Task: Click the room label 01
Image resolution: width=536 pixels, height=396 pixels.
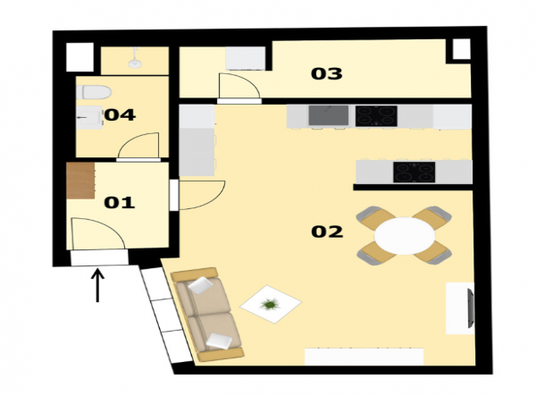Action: [120, 202]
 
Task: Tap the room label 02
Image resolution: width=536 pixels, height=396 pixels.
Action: [327, 232]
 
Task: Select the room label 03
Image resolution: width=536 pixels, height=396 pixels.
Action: [326, 73]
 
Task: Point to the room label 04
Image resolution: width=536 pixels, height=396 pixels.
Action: [120, 115]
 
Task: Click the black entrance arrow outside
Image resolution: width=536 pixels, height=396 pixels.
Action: [97, 285]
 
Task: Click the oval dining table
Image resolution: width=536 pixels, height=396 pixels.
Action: [405, 236]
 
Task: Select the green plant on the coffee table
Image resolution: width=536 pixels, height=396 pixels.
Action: [270, 304]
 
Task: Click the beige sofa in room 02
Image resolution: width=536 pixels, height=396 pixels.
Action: [207, 315]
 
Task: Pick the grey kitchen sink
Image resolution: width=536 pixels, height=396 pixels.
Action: [329, 115]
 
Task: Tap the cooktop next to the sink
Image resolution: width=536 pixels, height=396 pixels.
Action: [376, 116]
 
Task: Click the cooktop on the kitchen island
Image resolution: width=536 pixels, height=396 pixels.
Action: [414, 172]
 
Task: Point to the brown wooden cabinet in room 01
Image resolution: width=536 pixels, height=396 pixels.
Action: [80, 181]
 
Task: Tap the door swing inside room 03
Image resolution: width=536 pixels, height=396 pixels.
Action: [239, 86]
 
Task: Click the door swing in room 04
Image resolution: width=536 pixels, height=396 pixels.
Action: [138, 146]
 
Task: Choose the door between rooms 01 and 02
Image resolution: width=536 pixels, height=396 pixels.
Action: [202, 195]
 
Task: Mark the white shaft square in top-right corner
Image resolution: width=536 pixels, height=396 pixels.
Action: [462, 49]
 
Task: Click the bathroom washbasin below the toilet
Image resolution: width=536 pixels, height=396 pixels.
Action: [89, 118]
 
